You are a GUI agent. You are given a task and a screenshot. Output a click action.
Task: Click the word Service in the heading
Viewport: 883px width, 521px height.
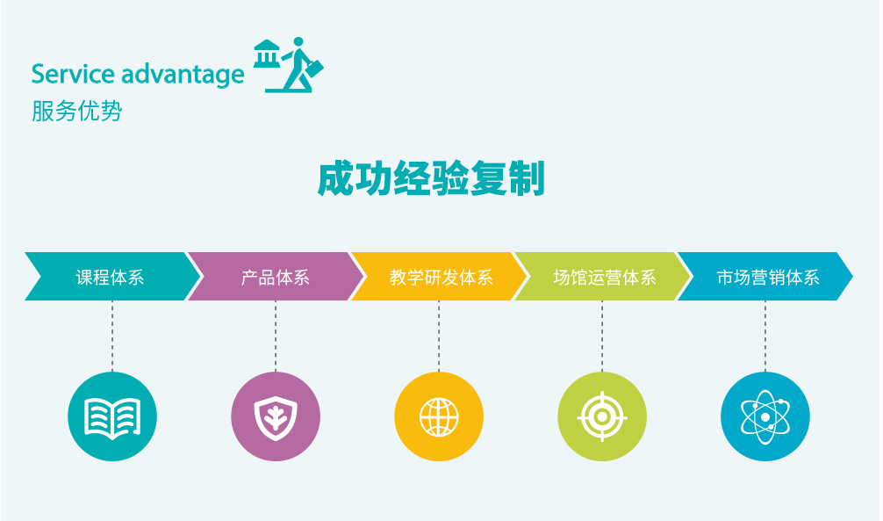pos(73,74)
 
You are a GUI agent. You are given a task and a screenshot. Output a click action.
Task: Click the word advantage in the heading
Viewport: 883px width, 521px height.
pos(183,76)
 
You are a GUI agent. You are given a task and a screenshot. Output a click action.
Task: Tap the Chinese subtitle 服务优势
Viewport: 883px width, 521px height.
pos(76,111)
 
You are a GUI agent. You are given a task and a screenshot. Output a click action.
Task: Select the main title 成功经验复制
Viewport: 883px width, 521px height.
pos(431,178)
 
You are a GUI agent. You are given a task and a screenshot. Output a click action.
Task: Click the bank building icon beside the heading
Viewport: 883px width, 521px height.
pos(267,54)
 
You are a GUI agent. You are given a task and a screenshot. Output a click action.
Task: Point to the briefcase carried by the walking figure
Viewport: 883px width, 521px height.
pos(313,69)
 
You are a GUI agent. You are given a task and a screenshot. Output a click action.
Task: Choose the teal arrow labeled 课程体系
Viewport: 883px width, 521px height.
pos(112,276)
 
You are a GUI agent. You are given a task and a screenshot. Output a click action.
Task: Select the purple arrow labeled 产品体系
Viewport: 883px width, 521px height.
pos(276,276)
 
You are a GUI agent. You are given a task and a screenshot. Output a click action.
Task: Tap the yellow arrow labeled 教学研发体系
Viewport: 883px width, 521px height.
pos(439,276)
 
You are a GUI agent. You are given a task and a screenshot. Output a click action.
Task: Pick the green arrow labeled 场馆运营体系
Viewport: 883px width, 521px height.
pos(602,276)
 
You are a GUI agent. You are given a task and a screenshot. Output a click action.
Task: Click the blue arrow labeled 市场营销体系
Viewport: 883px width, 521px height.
pos(765,276)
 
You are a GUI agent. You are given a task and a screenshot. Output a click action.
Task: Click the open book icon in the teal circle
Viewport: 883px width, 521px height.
pos(112,418)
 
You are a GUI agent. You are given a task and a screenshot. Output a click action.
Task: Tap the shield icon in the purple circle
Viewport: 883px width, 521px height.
pos(276,418)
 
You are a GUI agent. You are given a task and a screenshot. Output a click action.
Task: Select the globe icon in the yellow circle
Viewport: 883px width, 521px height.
pos(439,417)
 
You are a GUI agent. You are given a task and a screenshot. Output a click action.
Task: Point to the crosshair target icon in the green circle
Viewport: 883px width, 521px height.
pos(602,416)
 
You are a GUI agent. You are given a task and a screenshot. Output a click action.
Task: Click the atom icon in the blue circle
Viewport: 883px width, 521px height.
pos(765,417)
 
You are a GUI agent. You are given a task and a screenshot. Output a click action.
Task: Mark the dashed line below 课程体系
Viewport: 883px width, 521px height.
pos(112,336)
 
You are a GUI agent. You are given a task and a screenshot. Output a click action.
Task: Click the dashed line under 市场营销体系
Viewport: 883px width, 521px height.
pos(765,336)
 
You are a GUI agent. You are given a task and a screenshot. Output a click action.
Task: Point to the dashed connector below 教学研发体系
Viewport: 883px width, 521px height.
pos(439,336)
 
